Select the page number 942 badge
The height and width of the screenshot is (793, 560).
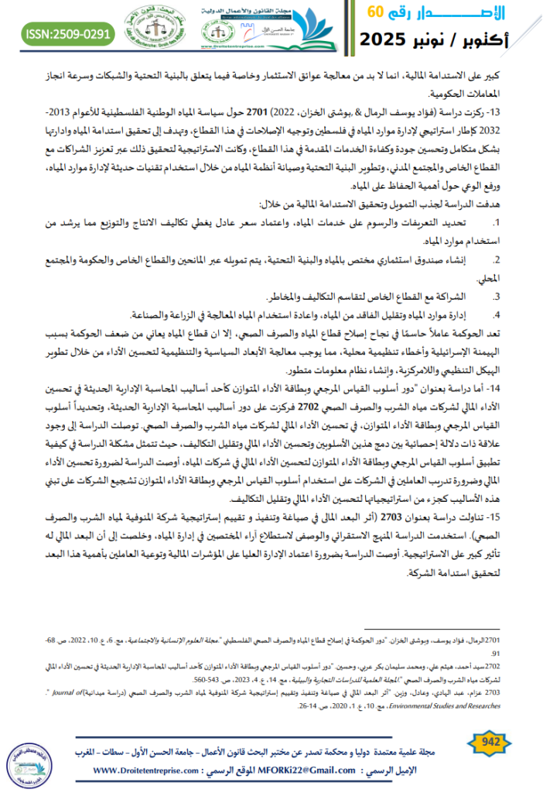pos(491,742)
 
